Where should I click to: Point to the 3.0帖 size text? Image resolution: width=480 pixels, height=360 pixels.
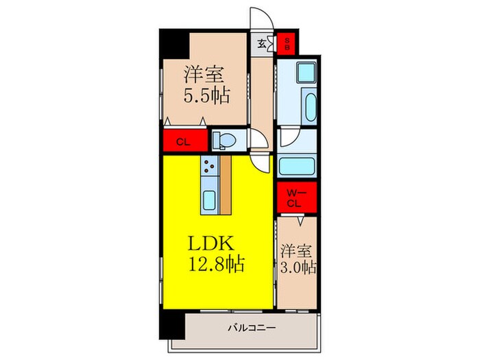click(x=298, y=267)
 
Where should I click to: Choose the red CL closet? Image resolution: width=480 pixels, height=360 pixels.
click(x=183, y=143)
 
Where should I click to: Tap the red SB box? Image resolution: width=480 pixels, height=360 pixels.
click(x=287, y=44)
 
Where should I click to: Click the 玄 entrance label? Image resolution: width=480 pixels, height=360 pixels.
click(x=263, y=44)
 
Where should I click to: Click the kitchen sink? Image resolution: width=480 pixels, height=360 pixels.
click(x=209, y=201)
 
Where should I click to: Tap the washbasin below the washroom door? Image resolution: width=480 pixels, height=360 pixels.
click(x=298, y=165)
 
